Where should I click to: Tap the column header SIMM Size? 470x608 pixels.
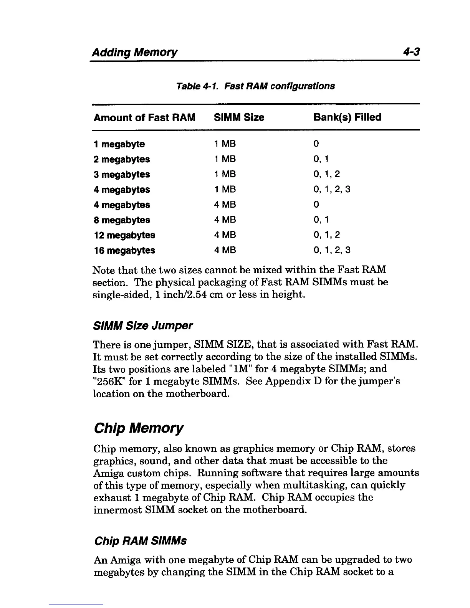[239, 117]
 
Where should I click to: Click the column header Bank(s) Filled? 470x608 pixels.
[347, 117]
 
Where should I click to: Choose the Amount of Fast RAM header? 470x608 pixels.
[144, 117]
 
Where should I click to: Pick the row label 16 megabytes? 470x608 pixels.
[124, 251]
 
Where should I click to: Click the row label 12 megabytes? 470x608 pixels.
[124, 235]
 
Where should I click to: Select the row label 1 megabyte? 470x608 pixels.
[119, 144]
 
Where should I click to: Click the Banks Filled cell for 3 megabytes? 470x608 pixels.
[326, 175]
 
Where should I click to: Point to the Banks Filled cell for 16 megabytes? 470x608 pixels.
[332, 251]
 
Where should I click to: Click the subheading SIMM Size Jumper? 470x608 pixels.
[143, 326]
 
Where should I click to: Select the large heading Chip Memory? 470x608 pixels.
[139, 428]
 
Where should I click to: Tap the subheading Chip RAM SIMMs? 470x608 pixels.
[140, 541]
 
